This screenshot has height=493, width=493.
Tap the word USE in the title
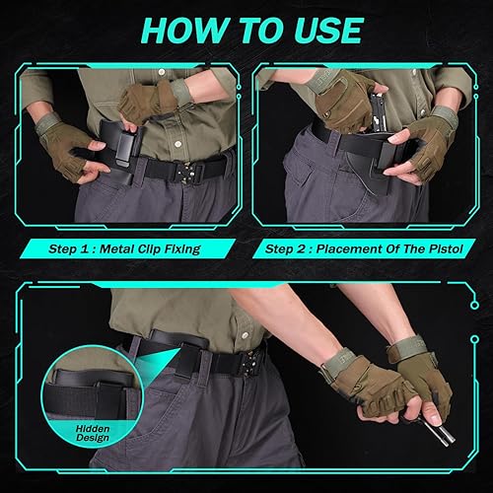[320, 31]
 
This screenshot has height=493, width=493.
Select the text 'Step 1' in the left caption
[72, 249]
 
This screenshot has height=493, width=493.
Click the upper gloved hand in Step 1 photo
[148, 100]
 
